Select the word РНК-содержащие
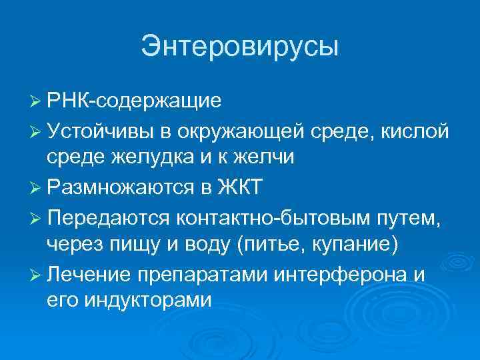point(134,101)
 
